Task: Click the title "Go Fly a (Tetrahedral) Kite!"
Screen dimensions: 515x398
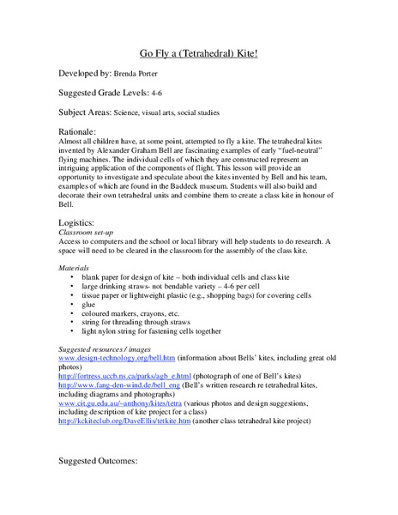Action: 199,52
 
